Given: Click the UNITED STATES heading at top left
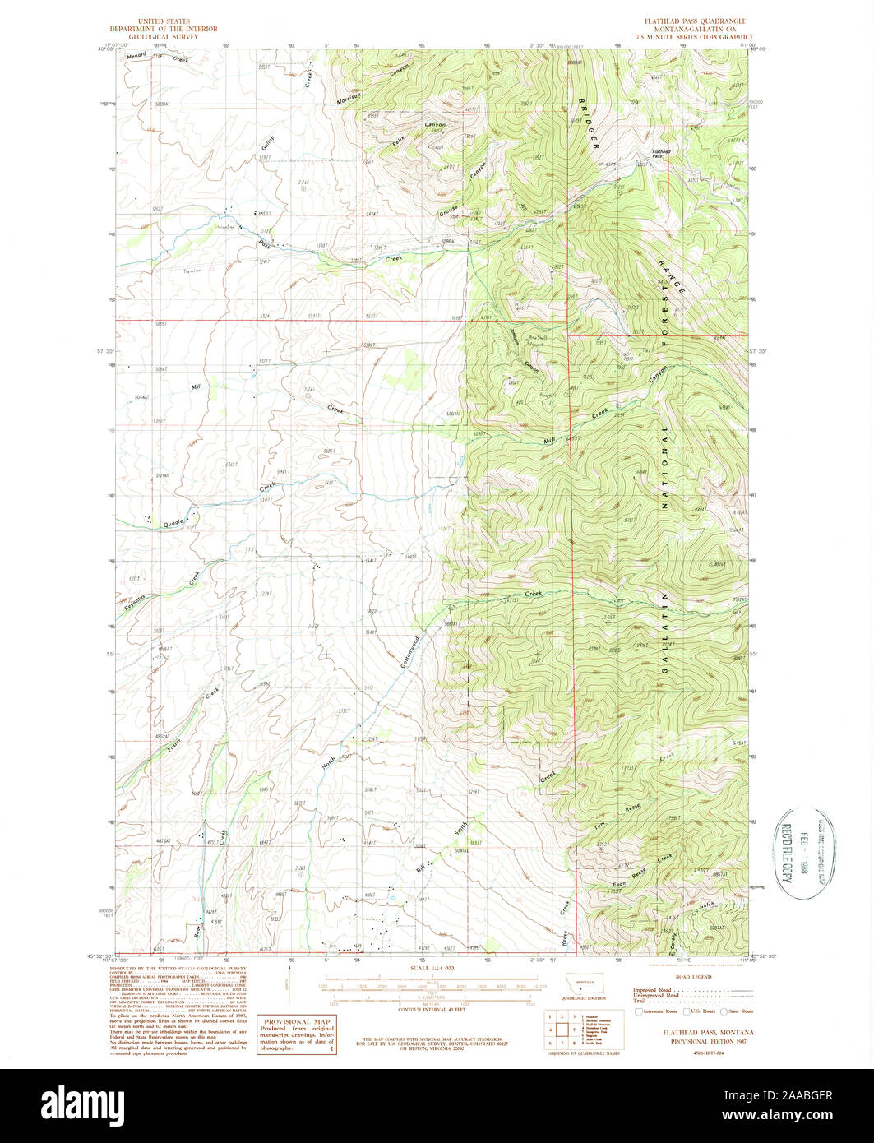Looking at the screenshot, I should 164,21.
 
